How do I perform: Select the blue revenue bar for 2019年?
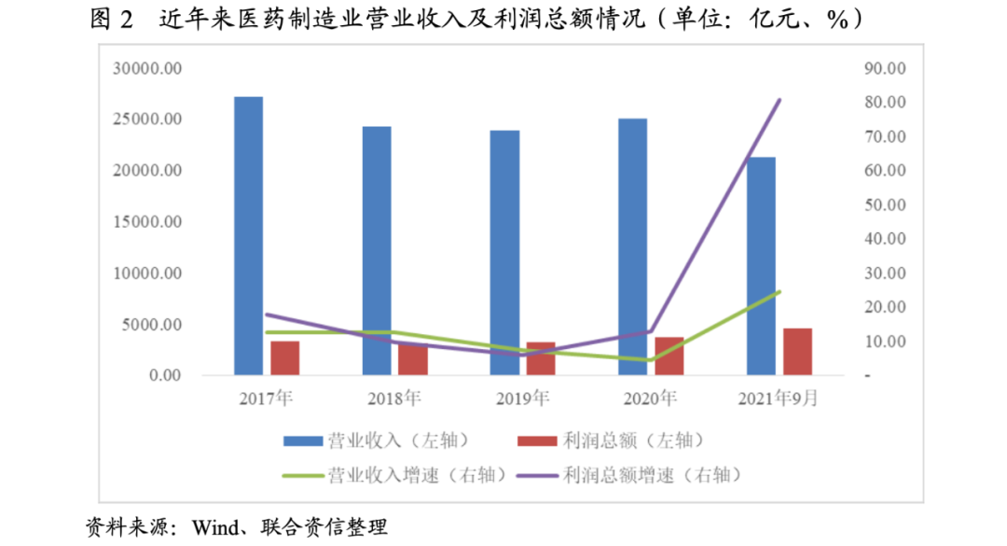505,252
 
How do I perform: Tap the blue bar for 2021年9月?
762,266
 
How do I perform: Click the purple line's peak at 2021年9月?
779,100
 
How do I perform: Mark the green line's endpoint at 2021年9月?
779,291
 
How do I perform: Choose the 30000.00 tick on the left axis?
148,68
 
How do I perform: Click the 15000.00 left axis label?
148,222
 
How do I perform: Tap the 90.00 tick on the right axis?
884,68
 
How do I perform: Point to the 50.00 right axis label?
884,204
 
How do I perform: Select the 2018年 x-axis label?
394,399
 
